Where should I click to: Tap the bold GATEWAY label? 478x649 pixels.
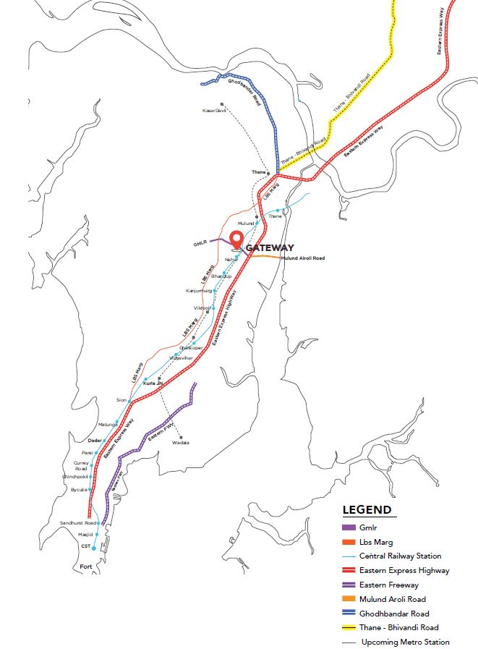pyautogui.click(x=270, y=248)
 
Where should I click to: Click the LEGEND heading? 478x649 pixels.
pyautogui.click(x=367, y=510)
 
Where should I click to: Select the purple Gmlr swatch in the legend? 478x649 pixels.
pyautogui.click(x=349, y=528)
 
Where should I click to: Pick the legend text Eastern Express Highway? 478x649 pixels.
pyautogui.click(x=404, y=571)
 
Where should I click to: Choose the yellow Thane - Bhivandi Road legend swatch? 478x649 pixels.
pyautogui.click(x=349, y=627)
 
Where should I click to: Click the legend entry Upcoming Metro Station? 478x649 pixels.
pyautogui.click(x=405, y=642)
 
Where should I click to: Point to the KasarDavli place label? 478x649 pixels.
pyautogui.click(x=215, y=110)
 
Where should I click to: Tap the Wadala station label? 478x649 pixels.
pyautogui.click(x=181, y=442)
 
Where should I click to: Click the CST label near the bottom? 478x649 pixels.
pyautogui.click(x=85, y=547)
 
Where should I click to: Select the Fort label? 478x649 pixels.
pyautogui.click(x=86, y=567)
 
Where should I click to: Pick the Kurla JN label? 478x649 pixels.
pyautogui.click(x=152, y=383)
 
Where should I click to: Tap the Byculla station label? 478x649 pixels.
pyautogui.click(x=79, y=490)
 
